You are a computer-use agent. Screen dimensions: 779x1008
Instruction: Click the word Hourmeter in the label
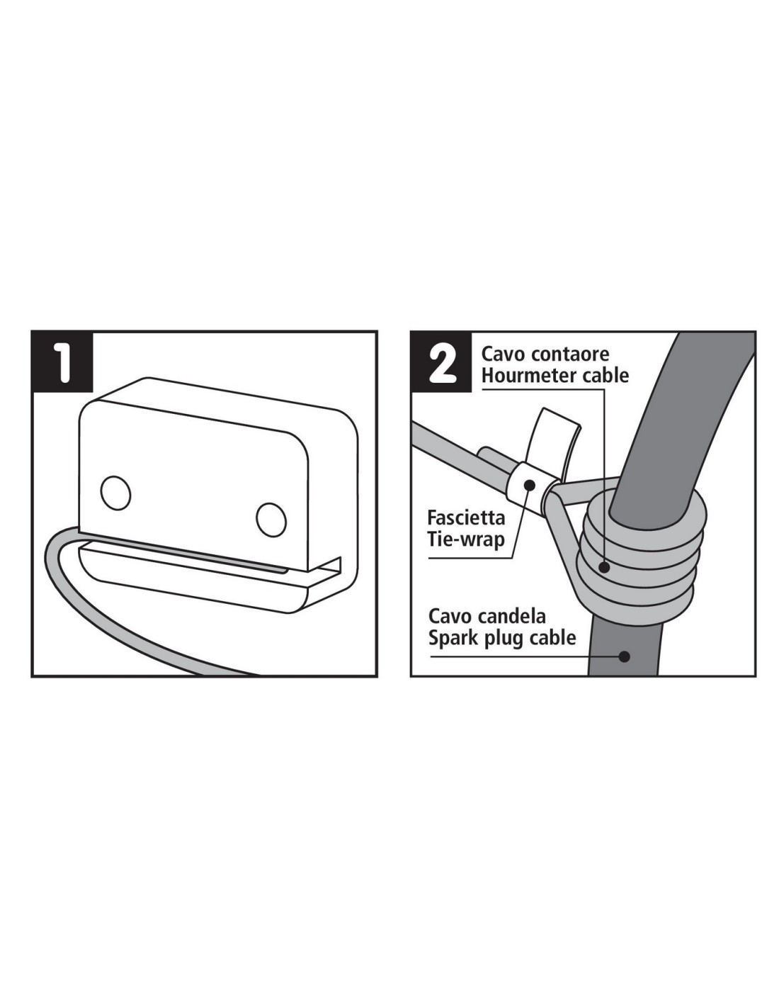tap(528, 375)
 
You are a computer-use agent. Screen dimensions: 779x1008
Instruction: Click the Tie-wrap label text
tap(466, 540)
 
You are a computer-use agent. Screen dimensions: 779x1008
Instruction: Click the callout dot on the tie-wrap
tap(530, 486)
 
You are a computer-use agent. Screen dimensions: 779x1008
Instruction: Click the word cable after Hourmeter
tap(604, 375)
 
